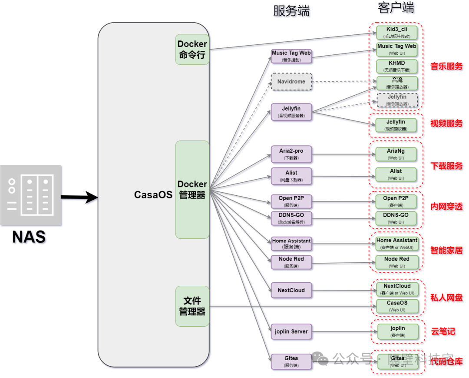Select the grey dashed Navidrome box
point(291,81)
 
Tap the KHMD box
point(396,66)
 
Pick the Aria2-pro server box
point(291,154)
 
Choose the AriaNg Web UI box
point(396,154)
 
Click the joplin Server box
point(291,331)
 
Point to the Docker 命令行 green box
point(192,49)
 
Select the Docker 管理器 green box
point(192,189)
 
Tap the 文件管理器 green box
point(192,306)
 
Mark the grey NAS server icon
point(31,195)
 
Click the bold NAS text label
point(29,237)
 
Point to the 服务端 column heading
point(291,11)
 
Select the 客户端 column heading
point(396,7)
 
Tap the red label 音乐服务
point(446,67)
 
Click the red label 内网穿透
point(446,207)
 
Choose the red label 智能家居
point(446,251)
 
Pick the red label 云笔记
point(443,331)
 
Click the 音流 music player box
point(396,83)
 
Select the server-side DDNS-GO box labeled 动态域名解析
point(291,218)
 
